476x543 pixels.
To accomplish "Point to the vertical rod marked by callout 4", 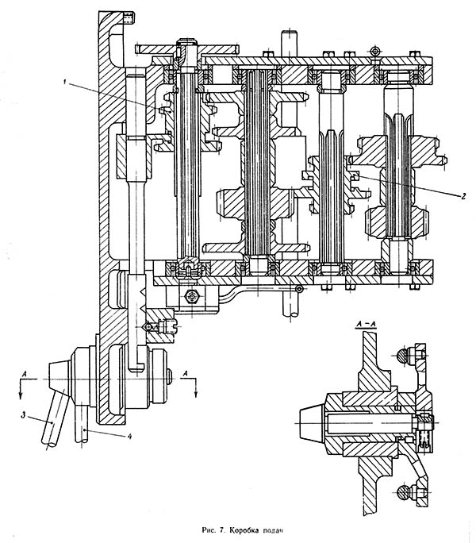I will point(83,429).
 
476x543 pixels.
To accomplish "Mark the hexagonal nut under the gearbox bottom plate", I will point(190,297).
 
